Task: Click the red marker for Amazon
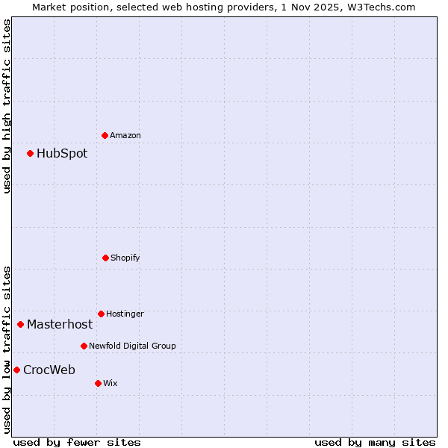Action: [105, 135]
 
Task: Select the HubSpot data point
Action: [31, 153]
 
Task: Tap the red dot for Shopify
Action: [105, 258]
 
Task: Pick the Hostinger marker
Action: [101, 314]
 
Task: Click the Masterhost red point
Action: [21, 324]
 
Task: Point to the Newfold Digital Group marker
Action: [84, 346]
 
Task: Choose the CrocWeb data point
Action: [16, 370]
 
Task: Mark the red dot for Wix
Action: [98, 383]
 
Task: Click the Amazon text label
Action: [125, 135]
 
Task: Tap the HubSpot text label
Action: [62, 153]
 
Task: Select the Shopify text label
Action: [125, 258]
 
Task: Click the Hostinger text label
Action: [125, 314]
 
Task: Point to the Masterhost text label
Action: [60, 324]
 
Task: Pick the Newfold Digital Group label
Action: [132, 346]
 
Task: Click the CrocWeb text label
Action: [49, 370]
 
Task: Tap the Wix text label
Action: [111, 383]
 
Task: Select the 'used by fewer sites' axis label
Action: [77, 442]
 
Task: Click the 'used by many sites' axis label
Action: [375, 442]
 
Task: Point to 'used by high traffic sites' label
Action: [7, 106]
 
